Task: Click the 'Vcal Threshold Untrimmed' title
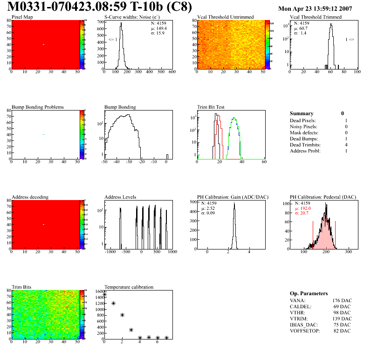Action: [x=225, y=17]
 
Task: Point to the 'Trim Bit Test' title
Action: [x=211, y=107]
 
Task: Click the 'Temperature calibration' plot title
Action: [x=129, y=287]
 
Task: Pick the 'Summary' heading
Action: [x=302, y=113]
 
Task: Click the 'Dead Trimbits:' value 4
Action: [x=343, y=145]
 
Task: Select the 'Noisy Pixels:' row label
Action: [x=303, y=126]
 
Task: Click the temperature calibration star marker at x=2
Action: [x=122, y=315]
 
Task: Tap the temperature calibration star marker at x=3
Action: [x=131, y=330]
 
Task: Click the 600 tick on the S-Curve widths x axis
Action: [x=172, y=72]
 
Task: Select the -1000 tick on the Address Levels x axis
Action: [x=110, y=252]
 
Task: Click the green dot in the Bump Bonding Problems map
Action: [x=43, y=134]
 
